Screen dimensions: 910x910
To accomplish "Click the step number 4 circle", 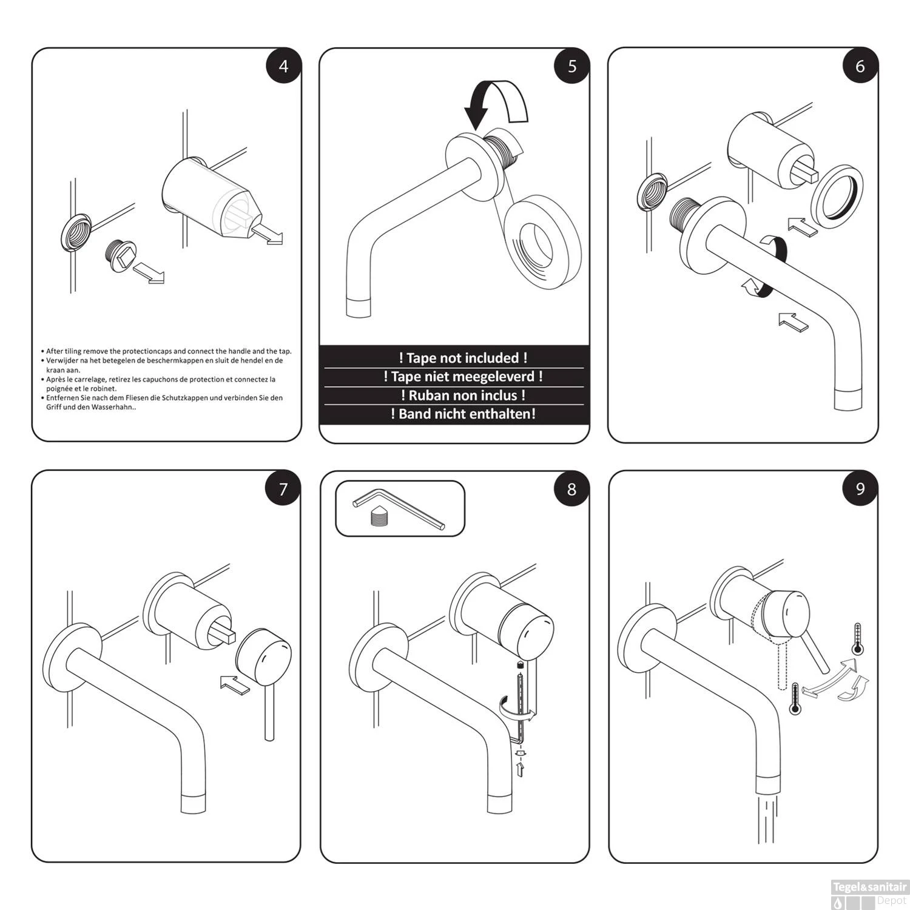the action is point(284,66).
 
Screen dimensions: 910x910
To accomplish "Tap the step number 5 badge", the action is point(572,66).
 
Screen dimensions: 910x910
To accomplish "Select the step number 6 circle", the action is point(860,66).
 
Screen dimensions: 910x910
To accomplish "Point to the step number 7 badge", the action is point(283,489).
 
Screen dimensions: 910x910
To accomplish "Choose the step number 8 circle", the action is point(571,489).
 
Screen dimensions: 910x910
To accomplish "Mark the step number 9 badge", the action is point(860,489).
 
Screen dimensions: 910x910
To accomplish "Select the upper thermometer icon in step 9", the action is point(857,638).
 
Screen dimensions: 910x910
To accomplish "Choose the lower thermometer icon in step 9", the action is point(795,699).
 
